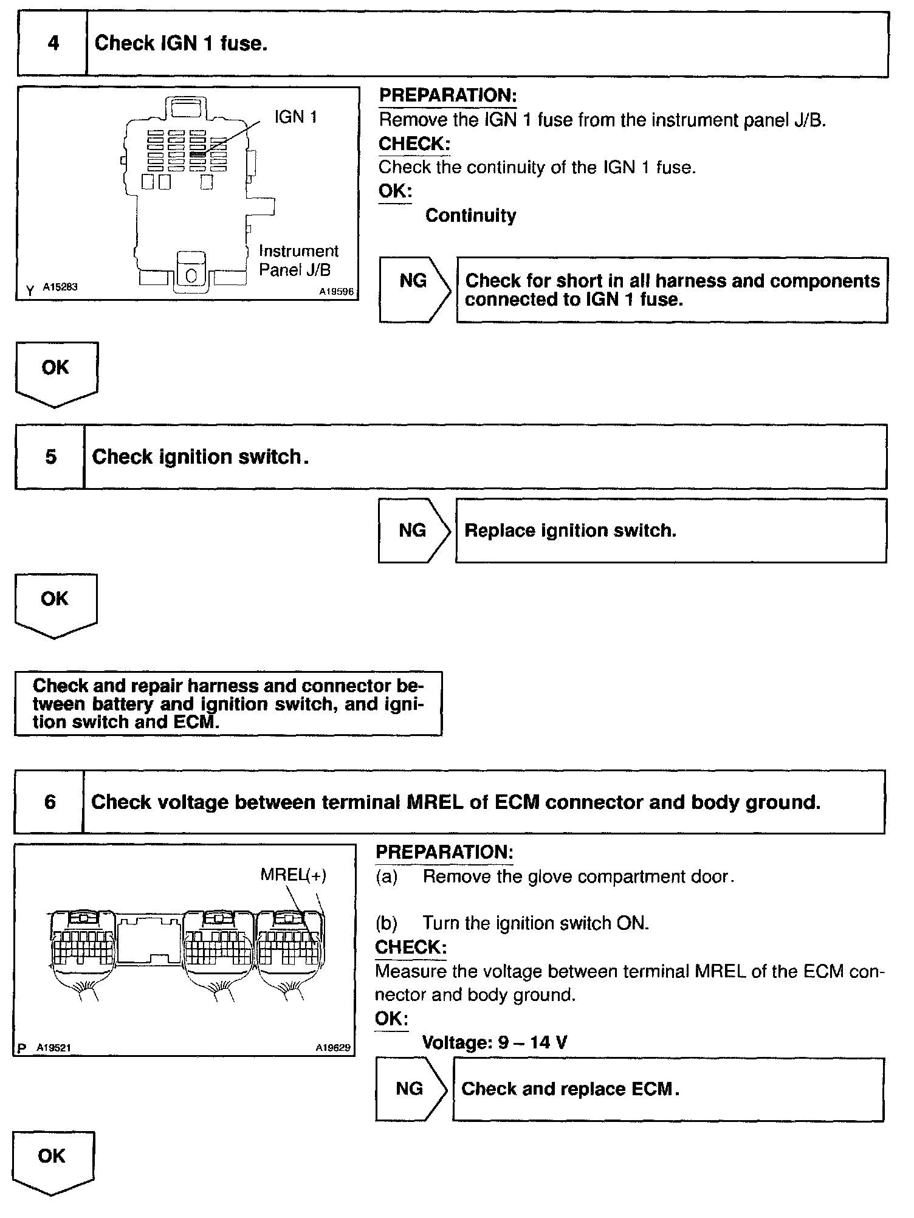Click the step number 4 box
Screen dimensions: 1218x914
pos(52,44)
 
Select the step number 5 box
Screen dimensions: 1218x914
pos(50,456)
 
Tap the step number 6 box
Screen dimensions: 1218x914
pos(49,802)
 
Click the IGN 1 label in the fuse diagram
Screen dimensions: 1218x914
pos(296,117)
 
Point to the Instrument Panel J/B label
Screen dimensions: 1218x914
pos(298,260)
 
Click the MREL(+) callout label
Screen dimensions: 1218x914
pos(293,875)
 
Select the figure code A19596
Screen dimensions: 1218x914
pos(336,292)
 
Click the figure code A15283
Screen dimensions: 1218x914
pos(60,287)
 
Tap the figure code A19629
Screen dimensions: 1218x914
pos(333,1047)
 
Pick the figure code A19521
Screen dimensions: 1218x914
pos(53,1047)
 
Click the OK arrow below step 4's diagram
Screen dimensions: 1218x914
pos(56,372)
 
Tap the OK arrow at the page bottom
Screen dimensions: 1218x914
pos(52,1161)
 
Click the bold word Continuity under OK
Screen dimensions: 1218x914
pos(470,215)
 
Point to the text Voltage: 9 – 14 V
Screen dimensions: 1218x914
pos(495,1042)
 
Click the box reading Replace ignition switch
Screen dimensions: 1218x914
pos(670,531)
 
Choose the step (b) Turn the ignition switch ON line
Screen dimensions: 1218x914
pos(512,923)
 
